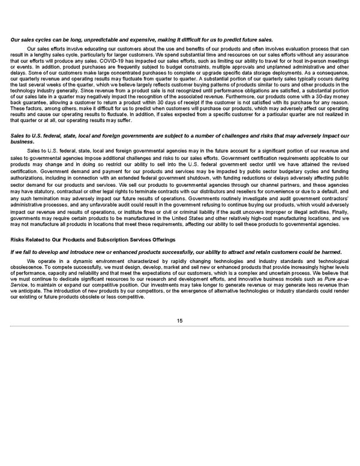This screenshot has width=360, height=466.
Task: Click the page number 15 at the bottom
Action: pos(179,320)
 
